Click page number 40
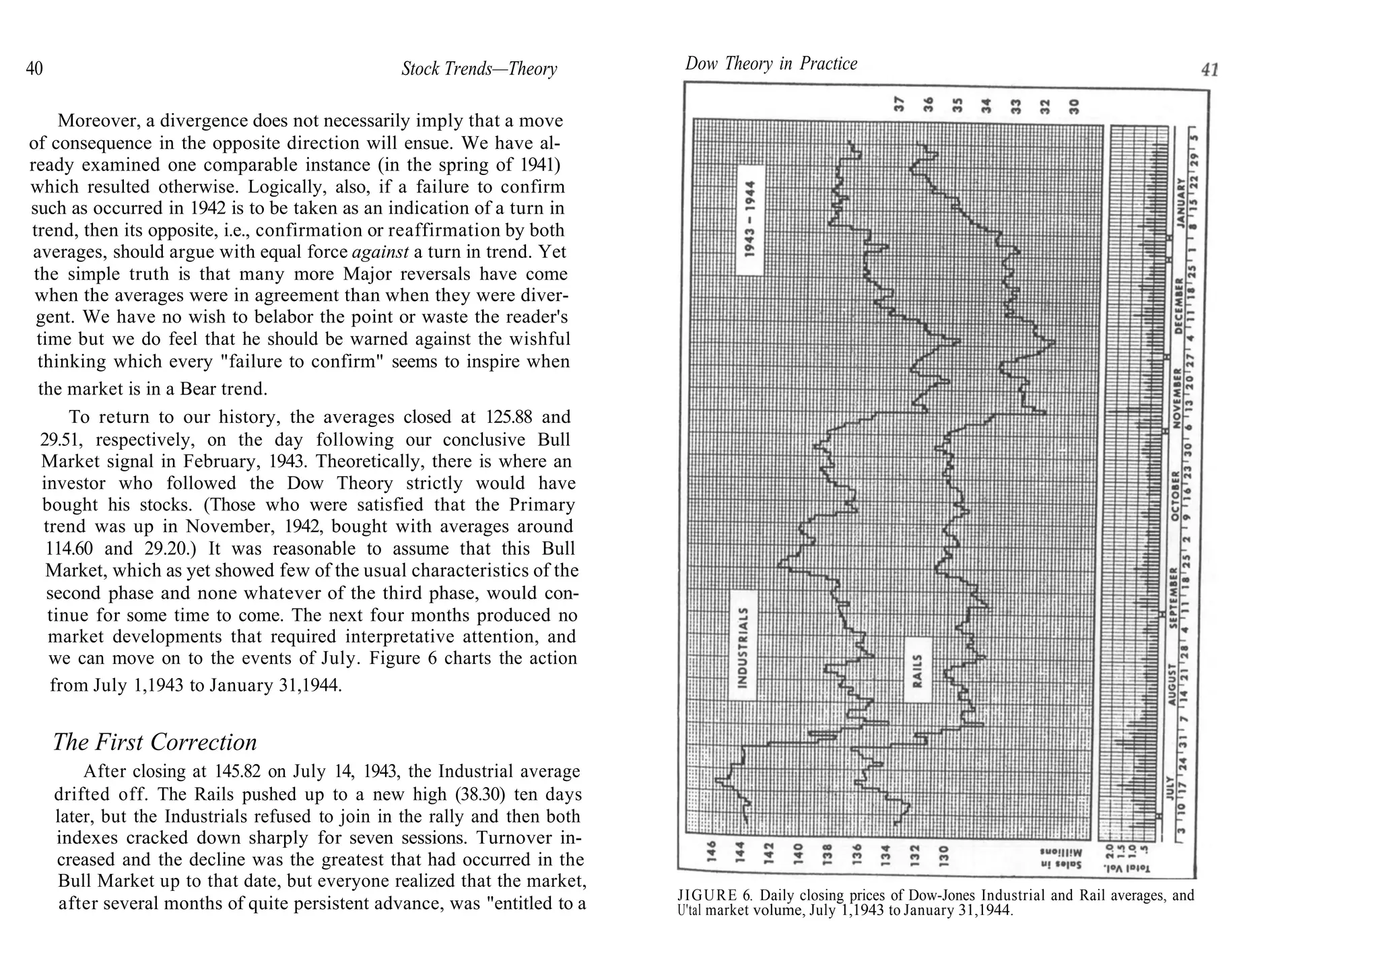[34, 69]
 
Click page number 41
[1209, 70]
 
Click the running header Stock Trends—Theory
[479, 69]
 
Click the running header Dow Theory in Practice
[771, 64]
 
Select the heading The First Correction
[155, 742]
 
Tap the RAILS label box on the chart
[917, 669]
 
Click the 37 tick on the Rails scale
[897, 104]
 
